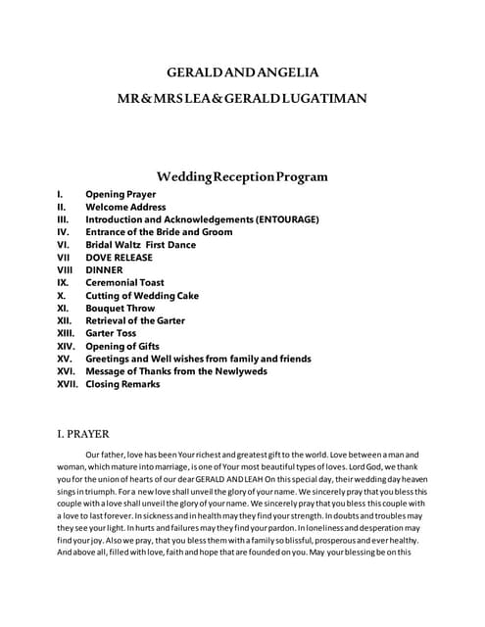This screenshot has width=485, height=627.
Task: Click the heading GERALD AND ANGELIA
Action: pyautogui.click(x=243, y=72)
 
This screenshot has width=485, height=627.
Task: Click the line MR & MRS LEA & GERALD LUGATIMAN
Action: pyautogui.click(x=243, y=100)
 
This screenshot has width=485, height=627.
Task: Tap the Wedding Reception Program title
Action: pyautogui.click(x=243, y=177)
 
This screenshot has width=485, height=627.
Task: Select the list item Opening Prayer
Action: pyautogui.click(x=120, y=195)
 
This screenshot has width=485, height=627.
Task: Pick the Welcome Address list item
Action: pyautogui.click(x=125, y=208)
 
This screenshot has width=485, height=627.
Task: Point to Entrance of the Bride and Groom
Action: pyautogui.click(x=159, y=232)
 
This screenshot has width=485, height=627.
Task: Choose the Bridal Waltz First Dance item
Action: pyautogui.click(x=140, y=245)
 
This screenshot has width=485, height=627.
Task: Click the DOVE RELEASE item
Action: pyautogui.click(x=119, y=258)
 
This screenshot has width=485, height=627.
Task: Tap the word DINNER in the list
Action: pyautogui.click(x=104, y=270)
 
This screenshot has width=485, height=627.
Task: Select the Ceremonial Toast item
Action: pyautogui.click(x=124, y=283)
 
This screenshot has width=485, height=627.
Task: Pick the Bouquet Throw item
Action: pyautogui.click(x=121, y=308)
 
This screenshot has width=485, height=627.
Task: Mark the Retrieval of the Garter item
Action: pyautogui.click(x=135, y=320)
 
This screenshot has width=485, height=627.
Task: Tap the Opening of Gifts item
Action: pyautogui.click(x=122, y=346)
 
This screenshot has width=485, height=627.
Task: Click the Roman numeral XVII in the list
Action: pyautogui.click(x=67, y=385)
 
